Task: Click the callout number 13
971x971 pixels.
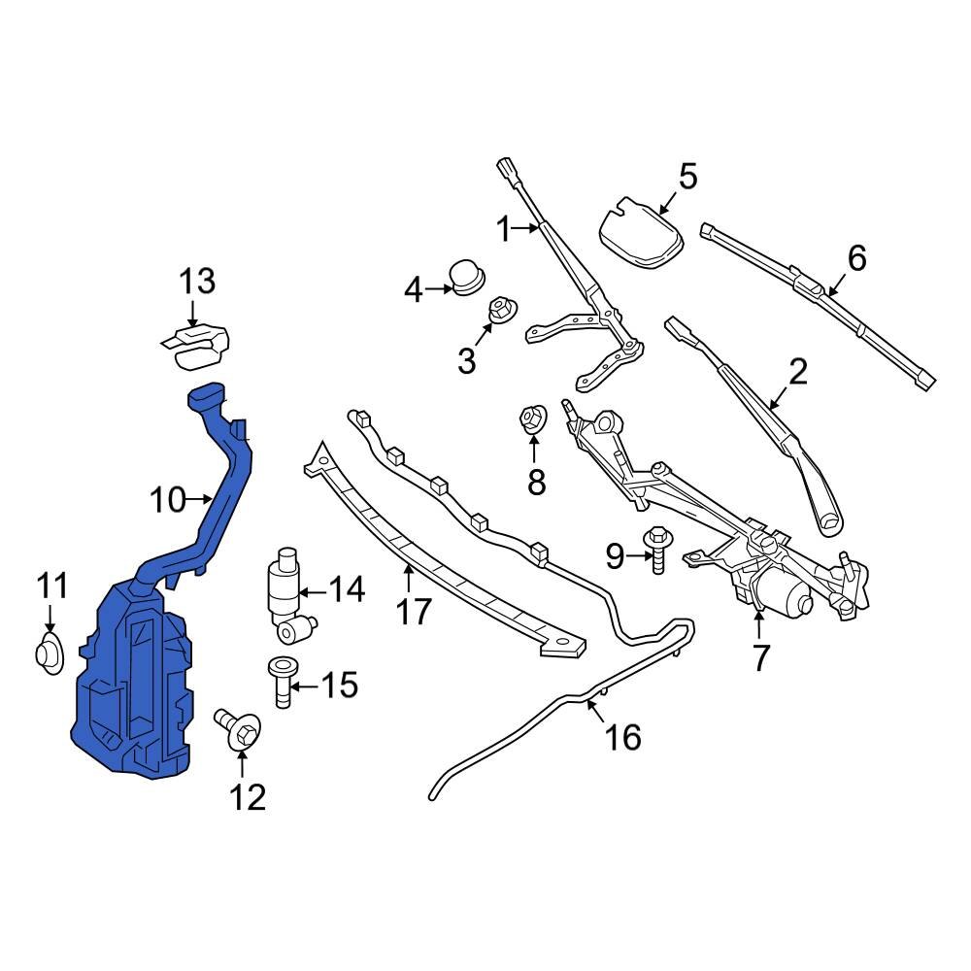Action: point(196,283)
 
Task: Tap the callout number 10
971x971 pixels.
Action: point(167,500)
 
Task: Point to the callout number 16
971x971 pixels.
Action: point(622,737)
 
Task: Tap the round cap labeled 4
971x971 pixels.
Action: point(467,277)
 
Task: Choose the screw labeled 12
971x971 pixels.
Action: point(238,729)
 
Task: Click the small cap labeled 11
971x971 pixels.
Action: point(50,653)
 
